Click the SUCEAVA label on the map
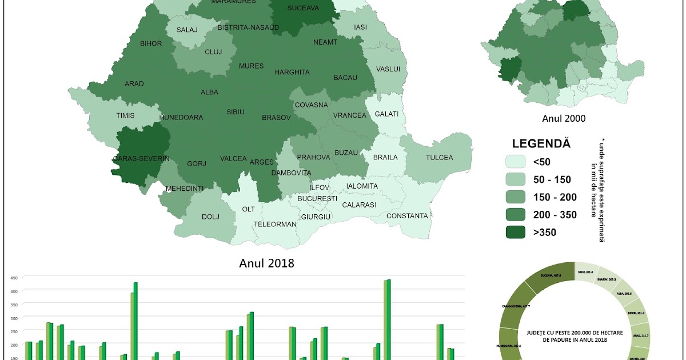tap(302, 9)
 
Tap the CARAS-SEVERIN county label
tap(141, 158)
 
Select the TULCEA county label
tap(439, 158)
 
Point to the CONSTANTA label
tap(407, 216)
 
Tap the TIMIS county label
tap(125, 115)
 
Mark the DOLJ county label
tap(210, 217)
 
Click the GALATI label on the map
tap(386, 114)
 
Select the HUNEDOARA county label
tap(181, 117)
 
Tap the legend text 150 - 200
tap(555, 197)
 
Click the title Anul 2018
tap(266, 263)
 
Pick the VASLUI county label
tap(388, 69)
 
